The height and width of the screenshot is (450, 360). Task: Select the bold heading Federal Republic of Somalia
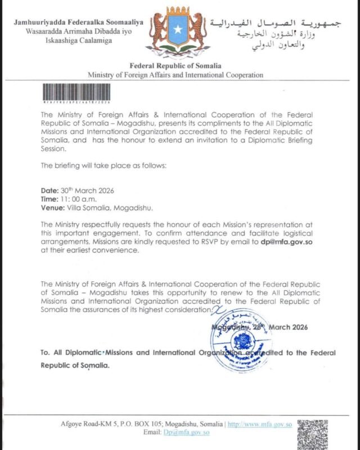tap(174, 66)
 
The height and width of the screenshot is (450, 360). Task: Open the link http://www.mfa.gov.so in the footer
tap(256, 424)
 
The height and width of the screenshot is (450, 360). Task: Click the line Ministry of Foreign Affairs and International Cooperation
tap(174, 75)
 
